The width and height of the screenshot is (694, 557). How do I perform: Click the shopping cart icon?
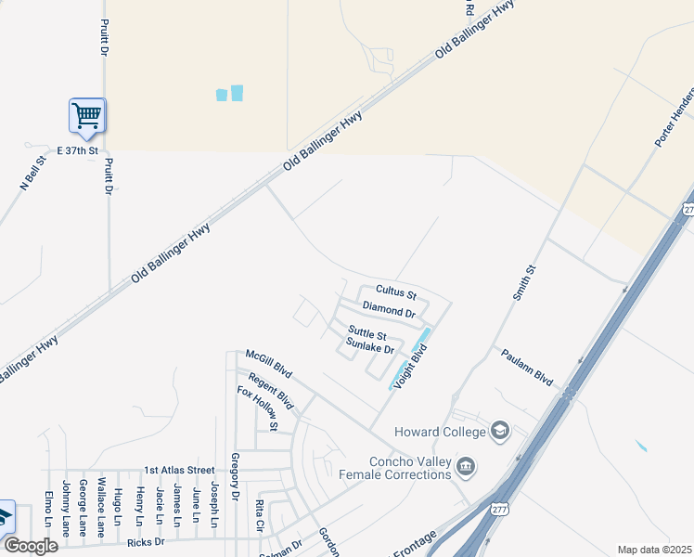pyautogui.click(x=87, y=117)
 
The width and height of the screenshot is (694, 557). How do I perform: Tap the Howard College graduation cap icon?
pyautogui.click(x=501, y=430)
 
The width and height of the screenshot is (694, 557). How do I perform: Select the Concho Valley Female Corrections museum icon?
pyautogui.click(x=467, y=464)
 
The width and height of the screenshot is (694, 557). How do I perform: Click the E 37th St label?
pyautogui.click(x=76, y=149)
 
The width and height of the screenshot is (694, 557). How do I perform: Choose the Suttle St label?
pyautogui.click(x=366, y=332)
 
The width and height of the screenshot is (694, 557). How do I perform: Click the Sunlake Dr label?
pyautogui.click(x=370, y=347)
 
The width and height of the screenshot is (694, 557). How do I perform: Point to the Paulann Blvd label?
pyautogui.click(x=526, y=368)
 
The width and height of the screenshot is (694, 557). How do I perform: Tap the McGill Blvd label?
pyautogui.click(x=269, y=364)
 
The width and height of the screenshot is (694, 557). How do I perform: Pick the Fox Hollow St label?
pyautogui.click(x=257, y=409)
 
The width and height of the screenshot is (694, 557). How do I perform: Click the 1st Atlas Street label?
pyautogui.click(x=179, y=471)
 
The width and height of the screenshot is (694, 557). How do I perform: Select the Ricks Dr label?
pyautogui.click(x=146, y=541)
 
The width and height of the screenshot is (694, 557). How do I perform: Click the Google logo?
pyautogui.click(x=31, y=546)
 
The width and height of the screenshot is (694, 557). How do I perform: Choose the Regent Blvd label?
pyautogui.click(x=271, y=393)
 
